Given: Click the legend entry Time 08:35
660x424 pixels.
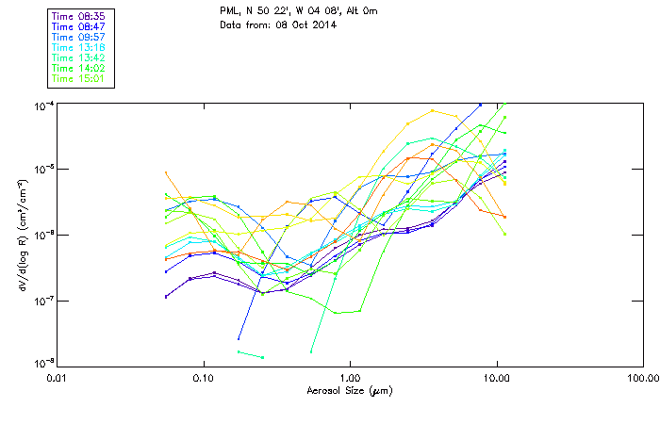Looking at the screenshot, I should coord(77,16).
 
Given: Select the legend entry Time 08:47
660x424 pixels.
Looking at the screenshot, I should coord(77,26).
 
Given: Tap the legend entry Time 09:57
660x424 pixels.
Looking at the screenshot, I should coord(77,37).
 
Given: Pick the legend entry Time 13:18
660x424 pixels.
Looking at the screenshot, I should coord(77,47).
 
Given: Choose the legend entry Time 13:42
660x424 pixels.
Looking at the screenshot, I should coord(77,57).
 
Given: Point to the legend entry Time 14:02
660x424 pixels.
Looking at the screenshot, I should coord(77,68).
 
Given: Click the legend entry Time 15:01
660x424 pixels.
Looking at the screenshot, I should coord(77,78).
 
